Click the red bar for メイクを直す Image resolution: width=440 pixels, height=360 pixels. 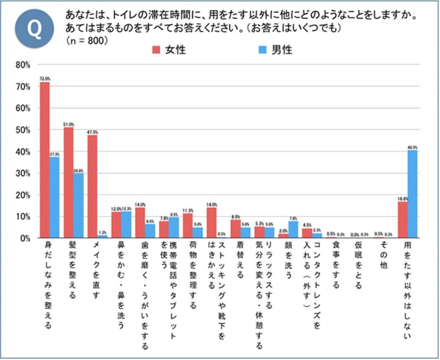(93, 186)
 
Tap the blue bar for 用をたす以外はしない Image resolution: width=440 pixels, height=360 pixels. (412, 194)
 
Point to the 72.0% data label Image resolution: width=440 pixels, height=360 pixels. (45, 78)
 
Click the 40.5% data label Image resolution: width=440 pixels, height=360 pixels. (412, 147)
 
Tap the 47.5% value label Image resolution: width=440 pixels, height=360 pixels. (93, 132)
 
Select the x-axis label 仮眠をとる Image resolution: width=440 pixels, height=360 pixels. (358, 259)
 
